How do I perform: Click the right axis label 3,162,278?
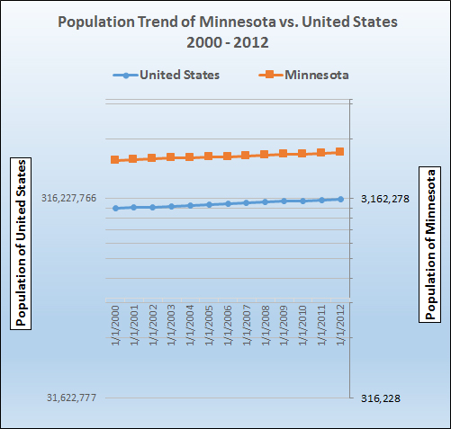384,199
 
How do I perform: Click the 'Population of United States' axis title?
20,243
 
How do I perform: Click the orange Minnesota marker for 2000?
115,160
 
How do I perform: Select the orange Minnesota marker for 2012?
340,152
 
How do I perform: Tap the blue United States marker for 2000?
115,208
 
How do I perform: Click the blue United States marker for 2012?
340,199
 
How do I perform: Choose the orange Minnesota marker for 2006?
228,156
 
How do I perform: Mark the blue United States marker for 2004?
190,205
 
